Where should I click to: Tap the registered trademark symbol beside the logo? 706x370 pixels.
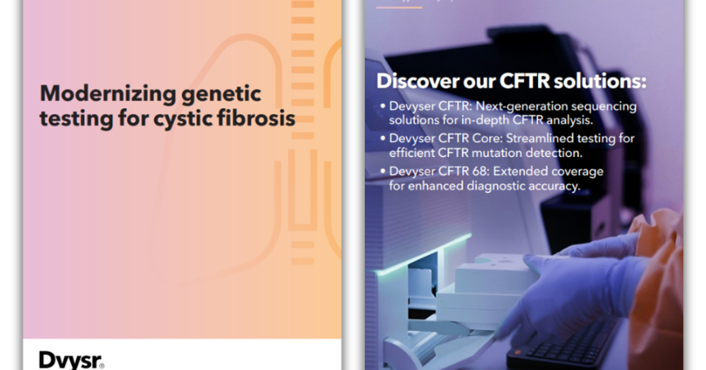click(101, 366)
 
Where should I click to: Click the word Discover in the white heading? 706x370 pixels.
click(417, 81)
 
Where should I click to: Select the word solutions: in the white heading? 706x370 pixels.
click(600, 81)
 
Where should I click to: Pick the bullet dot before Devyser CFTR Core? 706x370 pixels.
click(383, 138)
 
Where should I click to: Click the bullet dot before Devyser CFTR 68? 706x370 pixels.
click(383, 171)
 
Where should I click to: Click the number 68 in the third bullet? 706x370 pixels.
click(480, 171)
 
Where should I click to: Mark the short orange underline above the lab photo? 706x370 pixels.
click(399, 7)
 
